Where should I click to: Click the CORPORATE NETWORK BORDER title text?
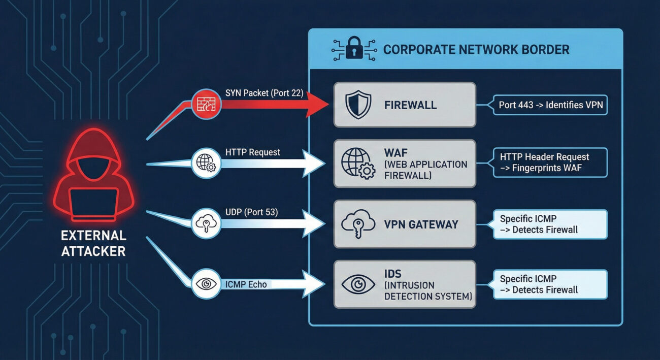476,50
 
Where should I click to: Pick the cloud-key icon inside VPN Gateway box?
358,224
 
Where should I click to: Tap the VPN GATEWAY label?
421,224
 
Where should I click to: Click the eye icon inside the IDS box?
358,284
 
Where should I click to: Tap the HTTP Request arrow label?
252,152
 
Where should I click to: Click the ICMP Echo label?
248,284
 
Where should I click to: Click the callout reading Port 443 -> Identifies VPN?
550,106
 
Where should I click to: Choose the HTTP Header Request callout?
550,162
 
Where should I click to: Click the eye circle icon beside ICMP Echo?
206,284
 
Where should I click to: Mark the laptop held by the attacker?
93,203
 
